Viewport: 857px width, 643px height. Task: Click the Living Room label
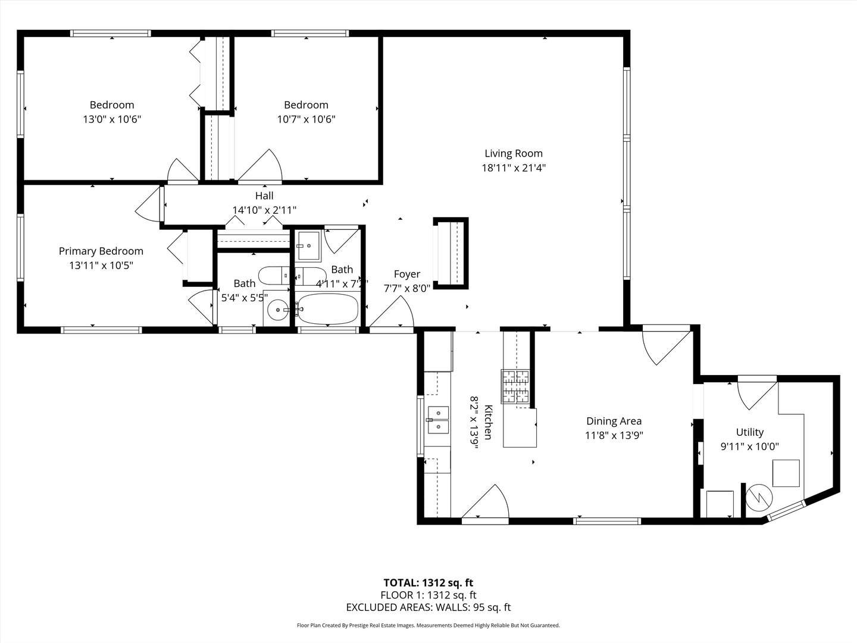[x=514, y=154]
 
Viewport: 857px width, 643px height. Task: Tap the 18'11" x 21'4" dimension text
[x=514, y=168]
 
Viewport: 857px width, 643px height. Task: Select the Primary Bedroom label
[x=101, y=251]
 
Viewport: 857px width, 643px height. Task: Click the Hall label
[x=264, y=196]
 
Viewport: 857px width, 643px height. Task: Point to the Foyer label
[x=407, y=274]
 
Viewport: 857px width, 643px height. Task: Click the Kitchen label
[x=488, y=423]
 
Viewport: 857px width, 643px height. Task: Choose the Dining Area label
[x=614, y=421]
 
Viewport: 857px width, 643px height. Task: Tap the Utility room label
[x=750, y=432]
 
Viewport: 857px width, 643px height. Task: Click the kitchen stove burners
[x=515, y=386]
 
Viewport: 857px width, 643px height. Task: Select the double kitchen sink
[x=438, y=420]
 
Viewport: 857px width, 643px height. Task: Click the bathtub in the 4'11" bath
[x=327, y=309]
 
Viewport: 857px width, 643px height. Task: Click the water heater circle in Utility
[x=759, y=498]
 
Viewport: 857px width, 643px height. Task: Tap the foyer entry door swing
[x=392, y=313]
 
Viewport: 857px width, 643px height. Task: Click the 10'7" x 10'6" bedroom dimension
[x=306, y=119]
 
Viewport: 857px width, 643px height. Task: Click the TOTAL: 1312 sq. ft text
[x=428, y=582]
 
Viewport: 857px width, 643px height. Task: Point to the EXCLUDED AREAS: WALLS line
[x=428, y=607]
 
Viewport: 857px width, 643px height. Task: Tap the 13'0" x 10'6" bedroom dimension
[x=112, y=119]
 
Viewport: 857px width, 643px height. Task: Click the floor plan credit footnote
[x=428, y=625]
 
